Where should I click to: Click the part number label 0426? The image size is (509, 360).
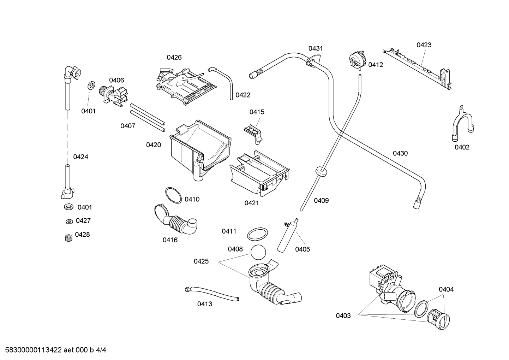(x=174, y=57)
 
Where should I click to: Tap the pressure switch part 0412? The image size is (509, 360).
(x=357, y=59)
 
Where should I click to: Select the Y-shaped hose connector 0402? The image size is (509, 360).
(x=461, y=124)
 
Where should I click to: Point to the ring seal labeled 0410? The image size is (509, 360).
(x=174, y=195)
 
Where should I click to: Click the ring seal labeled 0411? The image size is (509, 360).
(x=257, y=234)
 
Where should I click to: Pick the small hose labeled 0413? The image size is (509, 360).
(x=212, y=294)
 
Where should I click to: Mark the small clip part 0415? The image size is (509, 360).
(x=253, y=131)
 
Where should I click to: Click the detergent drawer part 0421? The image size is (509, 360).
(x=259, y=173)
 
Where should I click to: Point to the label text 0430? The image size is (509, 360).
(x=400, y=153)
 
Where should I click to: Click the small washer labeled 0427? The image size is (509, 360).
(x=69, y=222)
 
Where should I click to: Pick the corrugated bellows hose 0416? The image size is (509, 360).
(x=176, y=221)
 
